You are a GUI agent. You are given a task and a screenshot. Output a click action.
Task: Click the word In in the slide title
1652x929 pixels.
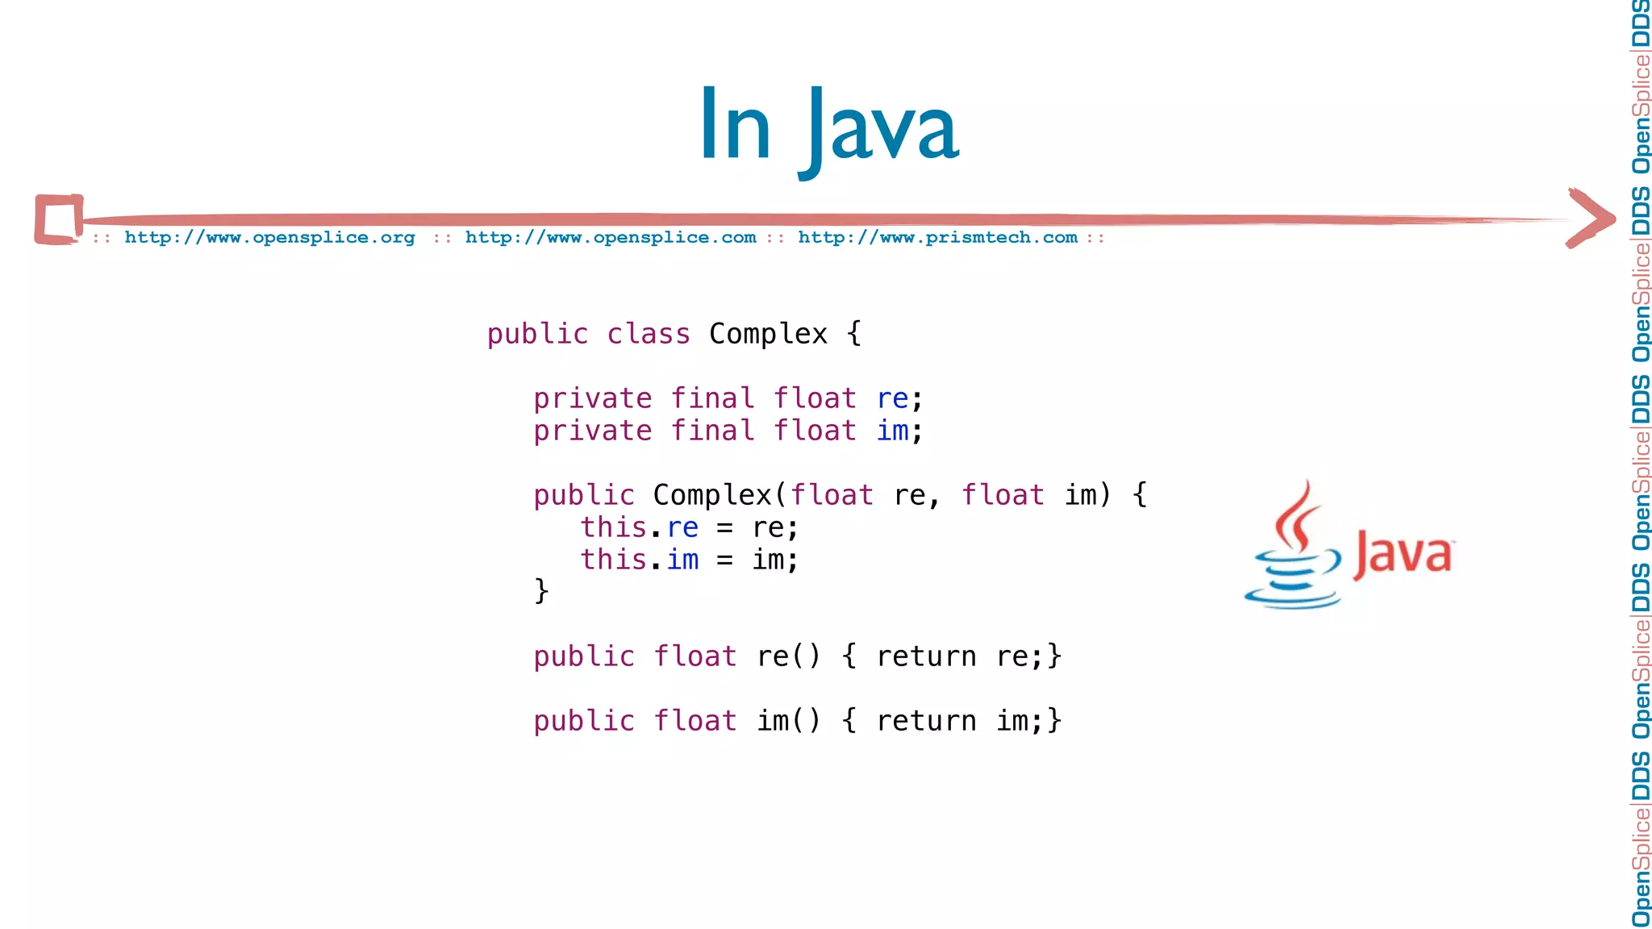click(735, 126)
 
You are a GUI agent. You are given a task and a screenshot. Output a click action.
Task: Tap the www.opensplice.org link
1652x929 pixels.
click(269, 238)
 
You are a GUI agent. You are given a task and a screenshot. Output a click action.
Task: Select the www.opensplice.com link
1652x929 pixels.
click(611, 238)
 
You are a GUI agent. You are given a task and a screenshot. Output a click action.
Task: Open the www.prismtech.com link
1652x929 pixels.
click(937, 238)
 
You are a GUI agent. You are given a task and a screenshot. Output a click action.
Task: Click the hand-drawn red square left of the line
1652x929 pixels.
click(59, 219)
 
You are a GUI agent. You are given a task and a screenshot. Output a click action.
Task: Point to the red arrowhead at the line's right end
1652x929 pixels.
click(1591, 218)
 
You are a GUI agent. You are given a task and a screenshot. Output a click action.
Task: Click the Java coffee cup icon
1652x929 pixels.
click(1292, 548)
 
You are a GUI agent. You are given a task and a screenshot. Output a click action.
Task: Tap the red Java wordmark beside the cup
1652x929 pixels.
click(1404, 555)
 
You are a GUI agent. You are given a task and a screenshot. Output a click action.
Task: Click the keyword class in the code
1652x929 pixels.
click(649, 334)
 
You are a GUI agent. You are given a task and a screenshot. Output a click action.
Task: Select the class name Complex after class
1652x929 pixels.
click(768, 334)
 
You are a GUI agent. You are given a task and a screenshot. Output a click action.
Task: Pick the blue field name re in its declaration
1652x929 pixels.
click(892, 398)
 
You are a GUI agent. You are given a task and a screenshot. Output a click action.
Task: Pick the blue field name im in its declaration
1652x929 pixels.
click(892, 431)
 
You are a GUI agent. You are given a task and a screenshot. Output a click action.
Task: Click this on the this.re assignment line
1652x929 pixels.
click(613, 527)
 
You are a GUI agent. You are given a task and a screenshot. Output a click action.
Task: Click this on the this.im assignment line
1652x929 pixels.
click(613, 560)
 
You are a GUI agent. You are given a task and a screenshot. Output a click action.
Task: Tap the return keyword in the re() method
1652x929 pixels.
click(926, 656)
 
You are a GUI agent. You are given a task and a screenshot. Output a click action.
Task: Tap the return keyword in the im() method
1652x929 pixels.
click(926, 721)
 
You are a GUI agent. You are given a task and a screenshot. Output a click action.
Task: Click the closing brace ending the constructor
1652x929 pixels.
click(541, 591)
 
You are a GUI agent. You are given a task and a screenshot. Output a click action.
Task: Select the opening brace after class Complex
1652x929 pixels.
click(854, 334)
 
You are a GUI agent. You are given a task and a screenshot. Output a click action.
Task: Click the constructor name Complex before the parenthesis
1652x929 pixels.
click(712, 495)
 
